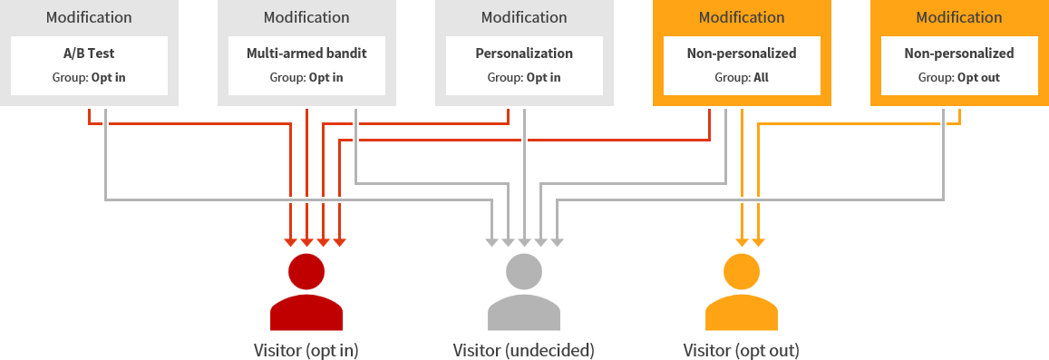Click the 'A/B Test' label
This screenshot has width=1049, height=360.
[x=89, y=54]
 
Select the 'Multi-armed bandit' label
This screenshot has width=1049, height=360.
[x=306, y=54]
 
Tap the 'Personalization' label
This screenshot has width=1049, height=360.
[x=524, y=54]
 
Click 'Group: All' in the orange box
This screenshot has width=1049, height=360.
[x=742, y=77]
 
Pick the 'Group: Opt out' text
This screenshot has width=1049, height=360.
[x=959, y=77]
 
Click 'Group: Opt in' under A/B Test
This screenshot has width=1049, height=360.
[x=89, y=77]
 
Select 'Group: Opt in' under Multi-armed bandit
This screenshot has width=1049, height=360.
[x=306, y=77]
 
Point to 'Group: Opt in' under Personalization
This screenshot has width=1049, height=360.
[x=524, y=77]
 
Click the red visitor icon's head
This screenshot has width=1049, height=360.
[x=306, y=271]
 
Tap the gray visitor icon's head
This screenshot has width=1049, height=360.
[x=524, y=271]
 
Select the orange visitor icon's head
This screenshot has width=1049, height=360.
[x=742, y=271]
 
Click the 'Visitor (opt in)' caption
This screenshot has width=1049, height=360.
[x=306, y=350]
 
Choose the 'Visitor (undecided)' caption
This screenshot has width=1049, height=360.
[x=524, y=350]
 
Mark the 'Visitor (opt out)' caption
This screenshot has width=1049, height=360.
[x=742, y=350]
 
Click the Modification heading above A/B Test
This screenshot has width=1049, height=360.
[x=89, y=17]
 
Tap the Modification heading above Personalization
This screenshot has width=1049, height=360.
[x=524, y=17]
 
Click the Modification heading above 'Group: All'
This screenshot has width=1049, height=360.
[x=742, y=17]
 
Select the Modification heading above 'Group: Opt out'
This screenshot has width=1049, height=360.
[x=959, y=17]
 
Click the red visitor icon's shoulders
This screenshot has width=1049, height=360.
[x=306, y=313]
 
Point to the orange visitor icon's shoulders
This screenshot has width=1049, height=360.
[x=742, y=313]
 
